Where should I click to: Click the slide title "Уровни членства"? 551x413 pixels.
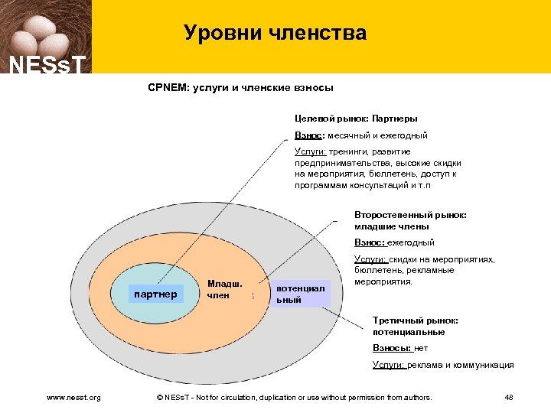[275, 33]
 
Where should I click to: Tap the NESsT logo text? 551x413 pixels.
[45, 63]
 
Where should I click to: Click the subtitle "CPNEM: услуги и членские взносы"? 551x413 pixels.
[240, 88]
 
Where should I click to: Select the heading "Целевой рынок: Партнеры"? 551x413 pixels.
[356, 119]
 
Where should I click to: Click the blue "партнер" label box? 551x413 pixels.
[155, 294]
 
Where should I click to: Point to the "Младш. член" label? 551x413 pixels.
[224, 289]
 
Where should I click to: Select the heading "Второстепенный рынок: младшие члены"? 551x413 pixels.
[410, 220]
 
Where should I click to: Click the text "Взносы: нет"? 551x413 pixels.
[400, 347]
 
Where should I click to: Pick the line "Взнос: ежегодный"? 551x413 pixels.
[393, 242]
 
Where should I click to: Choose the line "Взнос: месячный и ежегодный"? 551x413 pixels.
[361, 135]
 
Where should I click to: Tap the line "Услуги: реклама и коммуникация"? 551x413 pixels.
[442, 365]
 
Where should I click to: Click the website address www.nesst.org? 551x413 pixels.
[73, 397]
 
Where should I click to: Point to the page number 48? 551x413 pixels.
[509, 397]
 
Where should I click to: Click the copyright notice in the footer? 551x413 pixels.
[293, 397]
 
